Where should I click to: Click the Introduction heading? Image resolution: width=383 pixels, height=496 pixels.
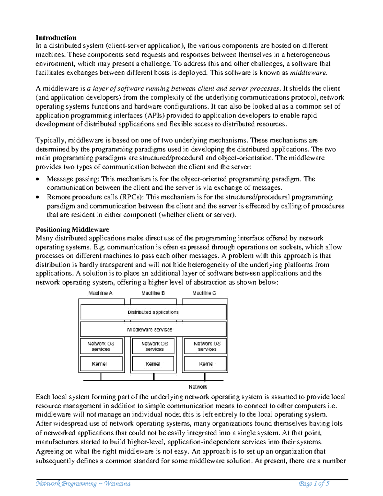pos(56,38)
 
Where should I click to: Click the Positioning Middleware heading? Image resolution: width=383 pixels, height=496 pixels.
pos(72,229)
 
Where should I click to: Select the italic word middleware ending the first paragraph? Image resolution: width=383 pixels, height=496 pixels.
pos(308,73)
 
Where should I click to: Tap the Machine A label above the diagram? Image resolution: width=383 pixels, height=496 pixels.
pos(100,293)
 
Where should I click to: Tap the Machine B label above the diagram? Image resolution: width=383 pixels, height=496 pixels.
pos(153,293)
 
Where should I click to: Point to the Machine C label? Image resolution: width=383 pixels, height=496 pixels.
pos(204,293)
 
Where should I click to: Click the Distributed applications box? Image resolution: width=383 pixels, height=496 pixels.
pos(153,312)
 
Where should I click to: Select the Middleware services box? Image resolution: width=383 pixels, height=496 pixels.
pos(153,330)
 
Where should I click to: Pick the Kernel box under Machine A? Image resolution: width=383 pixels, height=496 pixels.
pos(101,364)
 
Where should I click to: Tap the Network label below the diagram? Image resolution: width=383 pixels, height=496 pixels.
pos(198,387)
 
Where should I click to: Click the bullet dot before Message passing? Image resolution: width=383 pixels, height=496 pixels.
pos(38,179)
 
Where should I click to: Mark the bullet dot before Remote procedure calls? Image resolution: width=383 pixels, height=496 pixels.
pos(38,197)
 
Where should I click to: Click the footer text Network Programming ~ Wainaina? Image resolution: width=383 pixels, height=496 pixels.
pos(83,484)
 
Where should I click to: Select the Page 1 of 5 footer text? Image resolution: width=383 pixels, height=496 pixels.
pos(314,484)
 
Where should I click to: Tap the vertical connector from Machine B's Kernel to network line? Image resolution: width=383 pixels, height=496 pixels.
pos(154,377)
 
